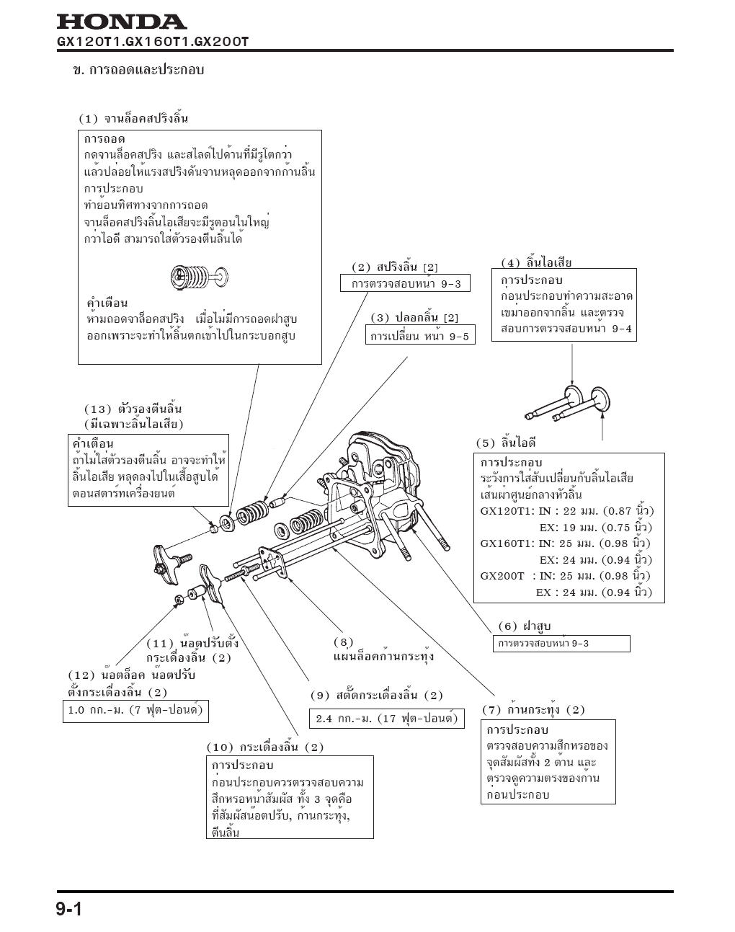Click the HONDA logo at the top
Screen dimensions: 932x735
(121, 22)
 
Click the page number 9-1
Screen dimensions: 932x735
(70, 910)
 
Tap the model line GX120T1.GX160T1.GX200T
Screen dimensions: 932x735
(152, 42)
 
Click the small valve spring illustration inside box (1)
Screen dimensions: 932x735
(199, 275)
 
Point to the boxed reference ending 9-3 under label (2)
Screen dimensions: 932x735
(406, 284)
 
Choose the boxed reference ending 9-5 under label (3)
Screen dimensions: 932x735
(420, 336)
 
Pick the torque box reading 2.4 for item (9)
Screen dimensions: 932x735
(387, 719)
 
